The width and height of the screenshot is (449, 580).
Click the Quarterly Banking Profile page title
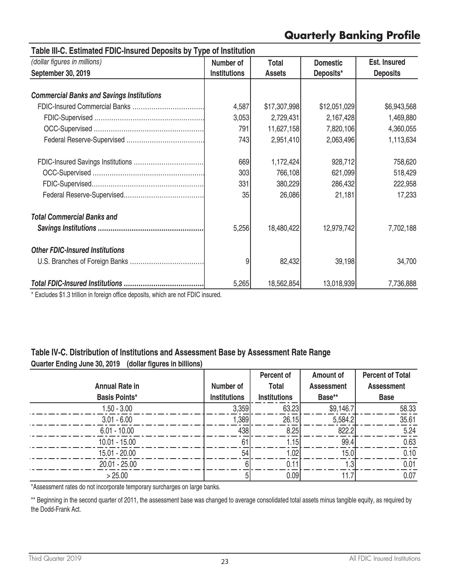pos(352,35)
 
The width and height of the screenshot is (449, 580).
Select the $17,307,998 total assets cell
pos(282,107)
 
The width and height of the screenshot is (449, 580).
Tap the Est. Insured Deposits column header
pos(387,68)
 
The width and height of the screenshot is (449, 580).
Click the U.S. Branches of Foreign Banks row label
pos(83,262)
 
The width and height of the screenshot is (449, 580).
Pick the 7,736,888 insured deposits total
pos(402,284)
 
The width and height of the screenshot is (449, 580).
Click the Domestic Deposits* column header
pos(328,68)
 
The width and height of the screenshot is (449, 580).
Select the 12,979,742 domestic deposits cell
pos(339,228)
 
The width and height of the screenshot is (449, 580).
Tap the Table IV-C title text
pos(181,352)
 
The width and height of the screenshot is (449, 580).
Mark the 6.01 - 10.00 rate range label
pos(117,431)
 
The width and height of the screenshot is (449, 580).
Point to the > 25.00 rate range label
pos(117,475)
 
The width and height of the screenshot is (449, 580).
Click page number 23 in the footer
pos(225,562)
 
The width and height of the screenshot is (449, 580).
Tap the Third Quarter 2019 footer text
pos(55,558)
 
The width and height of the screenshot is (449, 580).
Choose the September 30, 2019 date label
pos(61,73)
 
